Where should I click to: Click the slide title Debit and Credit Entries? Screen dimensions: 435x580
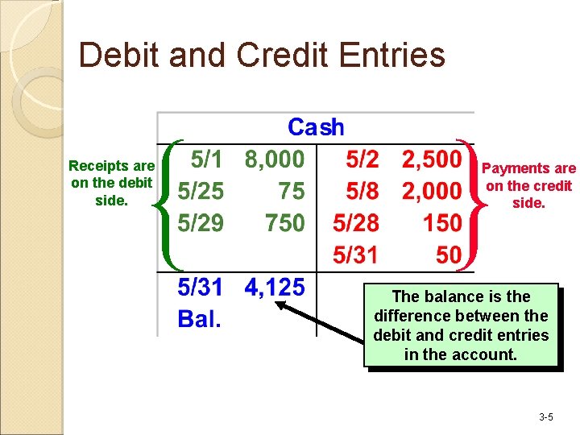click(262, 56)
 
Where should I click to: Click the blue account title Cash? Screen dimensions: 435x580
click(316, 127)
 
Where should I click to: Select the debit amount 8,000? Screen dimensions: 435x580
click(275, 159)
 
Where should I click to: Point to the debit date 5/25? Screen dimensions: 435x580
click(201, 191)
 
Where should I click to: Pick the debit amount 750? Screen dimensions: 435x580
click(285, 222)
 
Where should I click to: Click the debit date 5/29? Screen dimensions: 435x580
click(201, 222)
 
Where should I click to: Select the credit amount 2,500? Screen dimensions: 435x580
click(431, 159)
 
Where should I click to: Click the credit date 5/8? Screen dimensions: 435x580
click(362, 191)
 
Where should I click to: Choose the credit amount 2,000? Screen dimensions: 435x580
click(431, 191)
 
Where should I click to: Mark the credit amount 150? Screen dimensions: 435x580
click(442, 222)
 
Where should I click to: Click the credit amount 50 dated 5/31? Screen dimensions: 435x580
click(448, 255)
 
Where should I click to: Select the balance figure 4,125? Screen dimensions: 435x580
click(275, 287)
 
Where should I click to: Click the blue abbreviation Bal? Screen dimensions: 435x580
click(199, 319)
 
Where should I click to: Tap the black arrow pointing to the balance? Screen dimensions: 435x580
click(322, 322)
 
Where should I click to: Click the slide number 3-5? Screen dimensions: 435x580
click(545, 417)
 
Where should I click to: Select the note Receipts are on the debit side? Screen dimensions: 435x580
click(111, 183)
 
